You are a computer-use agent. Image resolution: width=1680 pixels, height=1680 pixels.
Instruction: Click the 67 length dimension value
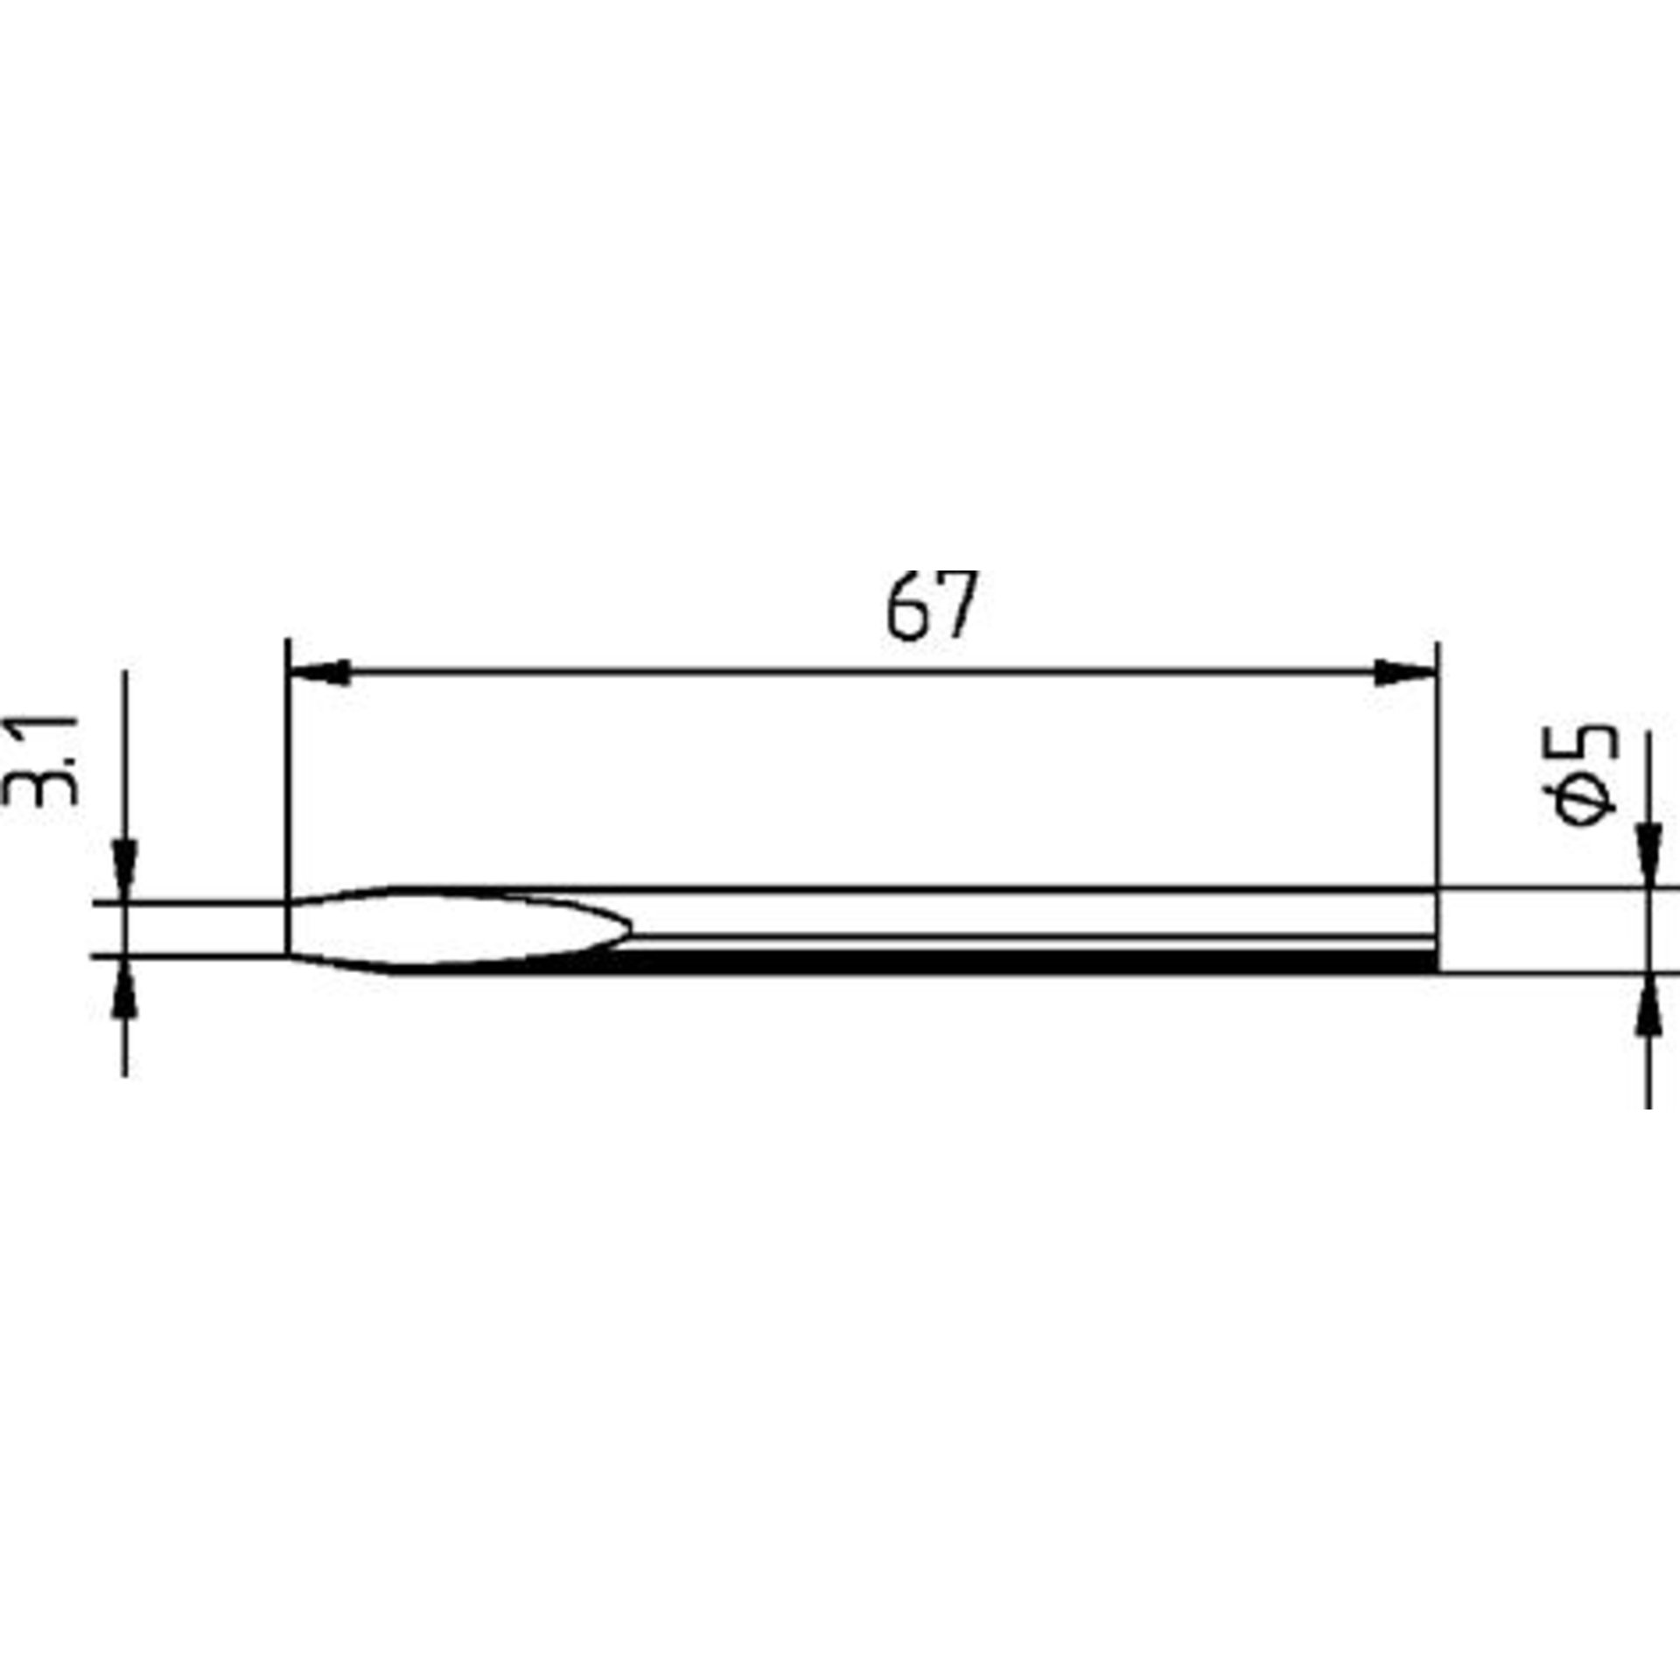[x=930, y=606]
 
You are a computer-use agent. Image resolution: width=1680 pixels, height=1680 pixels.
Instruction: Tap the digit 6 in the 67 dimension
[x=906, y=607]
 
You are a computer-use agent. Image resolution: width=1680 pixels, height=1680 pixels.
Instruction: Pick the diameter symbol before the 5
[x=1583, y=802]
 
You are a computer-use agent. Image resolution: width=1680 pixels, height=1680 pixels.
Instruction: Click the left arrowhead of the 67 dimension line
[x=319, y=672]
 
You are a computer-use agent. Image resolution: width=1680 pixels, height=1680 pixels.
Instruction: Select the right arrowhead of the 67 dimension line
[x=1405, y=672]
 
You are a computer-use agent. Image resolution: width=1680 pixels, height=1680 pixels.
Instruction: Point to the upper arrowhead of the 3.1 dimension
[x=126, y=871]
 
